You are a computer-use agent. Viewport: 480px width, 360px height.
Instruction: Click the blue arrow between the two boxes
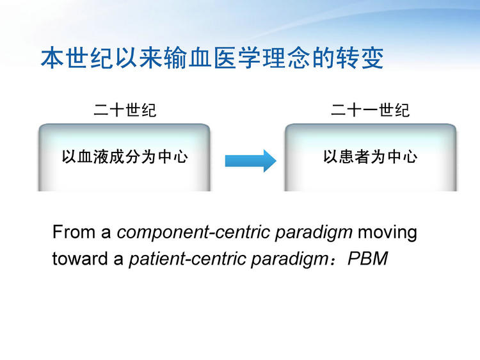coord(251,161)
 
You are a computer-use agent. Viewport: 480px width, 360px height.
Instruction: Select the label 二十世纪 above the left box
coord(125,110)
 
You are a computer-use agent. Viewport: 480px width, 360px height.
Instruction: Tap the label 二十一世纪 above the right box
coord(370,110)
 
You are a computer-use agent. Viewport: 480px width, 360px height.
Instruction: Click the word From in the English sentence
coord(74,232)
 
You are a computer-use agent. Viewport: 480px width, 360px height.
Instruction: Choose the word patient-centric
coord(188,259)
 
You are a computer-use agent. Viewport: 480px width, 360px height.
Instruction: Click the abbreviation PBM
coord(367,258)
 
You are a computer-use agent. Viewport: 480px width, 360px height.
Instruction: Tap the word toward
coord(80,258)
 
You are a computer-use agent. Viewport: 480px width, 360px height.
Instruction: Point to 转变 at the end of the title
coord(360,58)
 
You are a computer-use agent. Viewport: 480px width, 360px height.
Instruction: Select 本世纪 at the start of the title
coord(77,58)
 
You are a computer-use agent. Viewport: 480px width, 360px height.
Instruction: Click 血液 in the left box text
coord(93,157)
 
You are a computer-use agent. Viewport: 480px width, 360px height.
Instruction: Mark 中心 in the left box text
coord(173,157)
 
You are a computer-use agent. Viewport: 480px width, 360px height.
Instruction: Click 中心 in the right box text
coord(403,157)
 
